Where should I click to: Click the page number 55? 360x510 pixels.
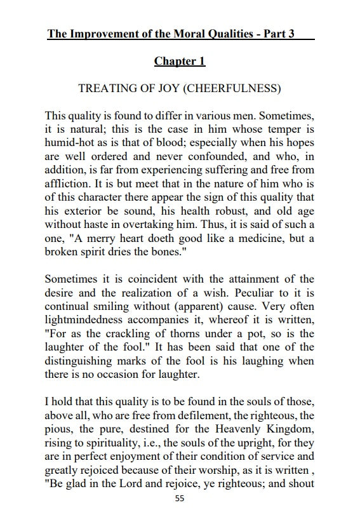point(180,499)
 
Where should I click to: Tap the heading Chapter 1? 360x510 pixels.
point(180,62)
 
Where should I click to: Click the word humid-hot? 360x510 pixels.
point(70,144)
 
